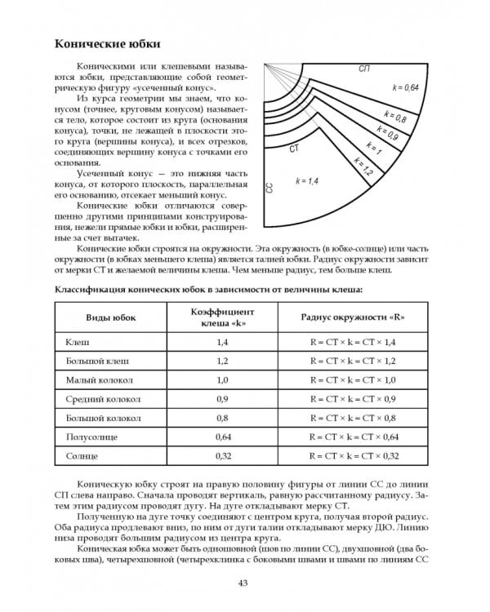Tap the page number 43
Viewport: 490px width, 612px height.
(x=243, y=582)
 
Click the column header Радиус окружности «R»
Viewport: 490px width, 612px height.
(x=354, y=317)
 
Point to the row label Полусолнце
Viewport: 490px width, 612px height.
(x=89, y=437)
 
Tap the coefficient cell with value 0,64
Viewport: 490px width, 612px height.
(x=223, y=437)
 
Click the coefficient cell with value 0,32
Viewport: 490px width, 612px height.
(x=223, y=457)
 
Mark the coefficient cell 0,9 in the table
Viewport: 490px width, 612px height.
(x=223, y=399)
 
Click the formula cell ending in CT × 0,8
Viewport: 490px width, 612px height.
(x=352, y=419)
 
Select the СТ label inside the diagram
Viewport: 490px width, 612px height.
(x=294, y=150)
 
